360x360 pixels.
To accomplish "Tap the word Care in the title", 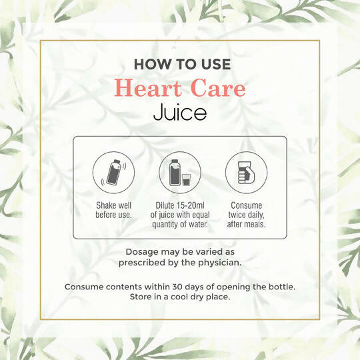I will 215,89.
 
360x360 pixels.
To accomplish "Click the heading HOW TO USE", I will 182,65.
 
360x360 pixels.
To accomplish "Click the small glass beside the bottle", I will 187,180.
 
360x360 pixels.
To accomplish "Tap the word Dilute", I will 169,205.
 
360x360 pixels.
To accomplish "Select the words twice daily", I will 246,215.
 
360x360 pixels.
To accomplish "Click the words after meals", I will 246,225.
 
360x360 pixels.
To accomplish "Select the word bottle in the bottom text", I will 279,287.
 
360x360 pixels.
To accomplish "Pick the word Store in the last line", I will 145,297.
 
